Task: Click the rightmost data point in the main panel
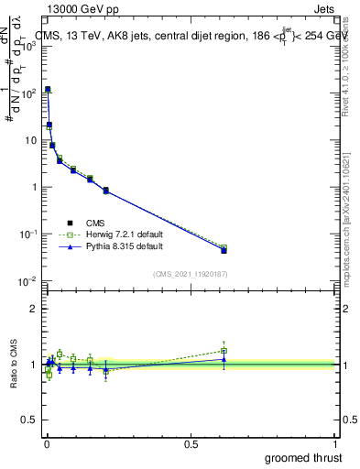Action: pos(224,249)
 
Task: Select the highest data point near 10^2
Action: pos(48,90)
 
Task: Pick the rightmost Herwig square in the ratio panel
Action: pos(224,351)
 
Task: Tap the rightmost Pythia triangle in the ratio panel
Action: pos(224,359)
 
